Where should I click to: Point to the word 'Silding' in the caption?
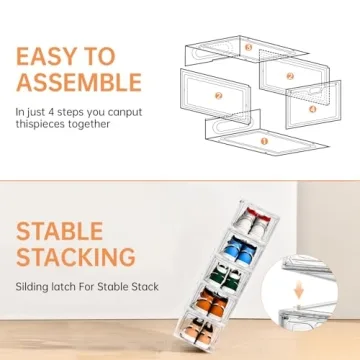[x=34, y=287]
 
